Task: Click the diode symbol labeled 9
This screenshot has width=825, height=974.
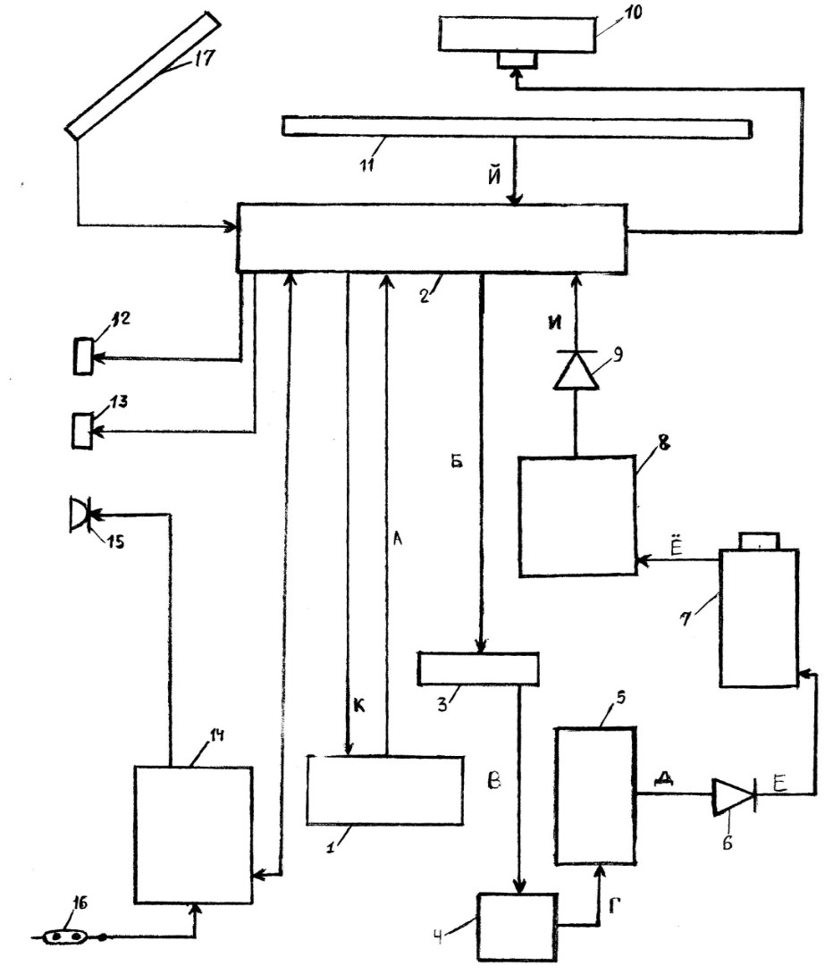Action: pyautogui.click(x=577, y=370)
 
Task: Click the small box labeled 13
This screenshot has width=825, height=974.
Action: pyautogui.click(x=82, y=430)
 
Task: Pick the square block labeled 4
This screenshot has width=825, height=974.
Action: pyautogui.click(x=518, y=927)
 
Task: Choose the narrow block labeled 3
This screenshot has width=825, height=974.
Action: pyautogui.click(x=478, y=668)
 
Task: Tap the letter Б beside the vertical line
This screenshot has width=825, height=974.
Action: pyautogui.click(x=457, y=462)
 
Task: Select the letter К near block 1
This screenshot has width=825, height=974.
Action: pyautogui.click(x=359, y=706)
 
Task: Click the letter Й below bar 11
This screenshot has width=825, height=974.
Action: pyautogui.click(x=494, y=176)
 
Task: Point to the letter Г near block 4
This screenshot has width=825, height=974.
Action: pyautogui.click(x=614, y=907)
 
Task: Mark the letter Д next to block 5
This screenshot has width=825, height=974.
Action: pyautogui.click(x=665, y=778)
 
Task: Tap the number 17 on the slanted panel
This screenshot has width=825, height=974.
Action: pyautogui.click(x=200, y=58)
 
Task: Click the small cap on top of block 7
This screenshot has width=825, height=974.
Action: pyautogui.click(x=759, y=541)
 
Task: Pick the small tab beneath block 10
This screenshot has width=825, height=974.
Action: pyautogui.click(x=517, y=60)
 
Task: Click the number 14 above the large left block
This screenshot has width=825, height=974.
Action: pyautogui.click(x=216, y=736)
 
